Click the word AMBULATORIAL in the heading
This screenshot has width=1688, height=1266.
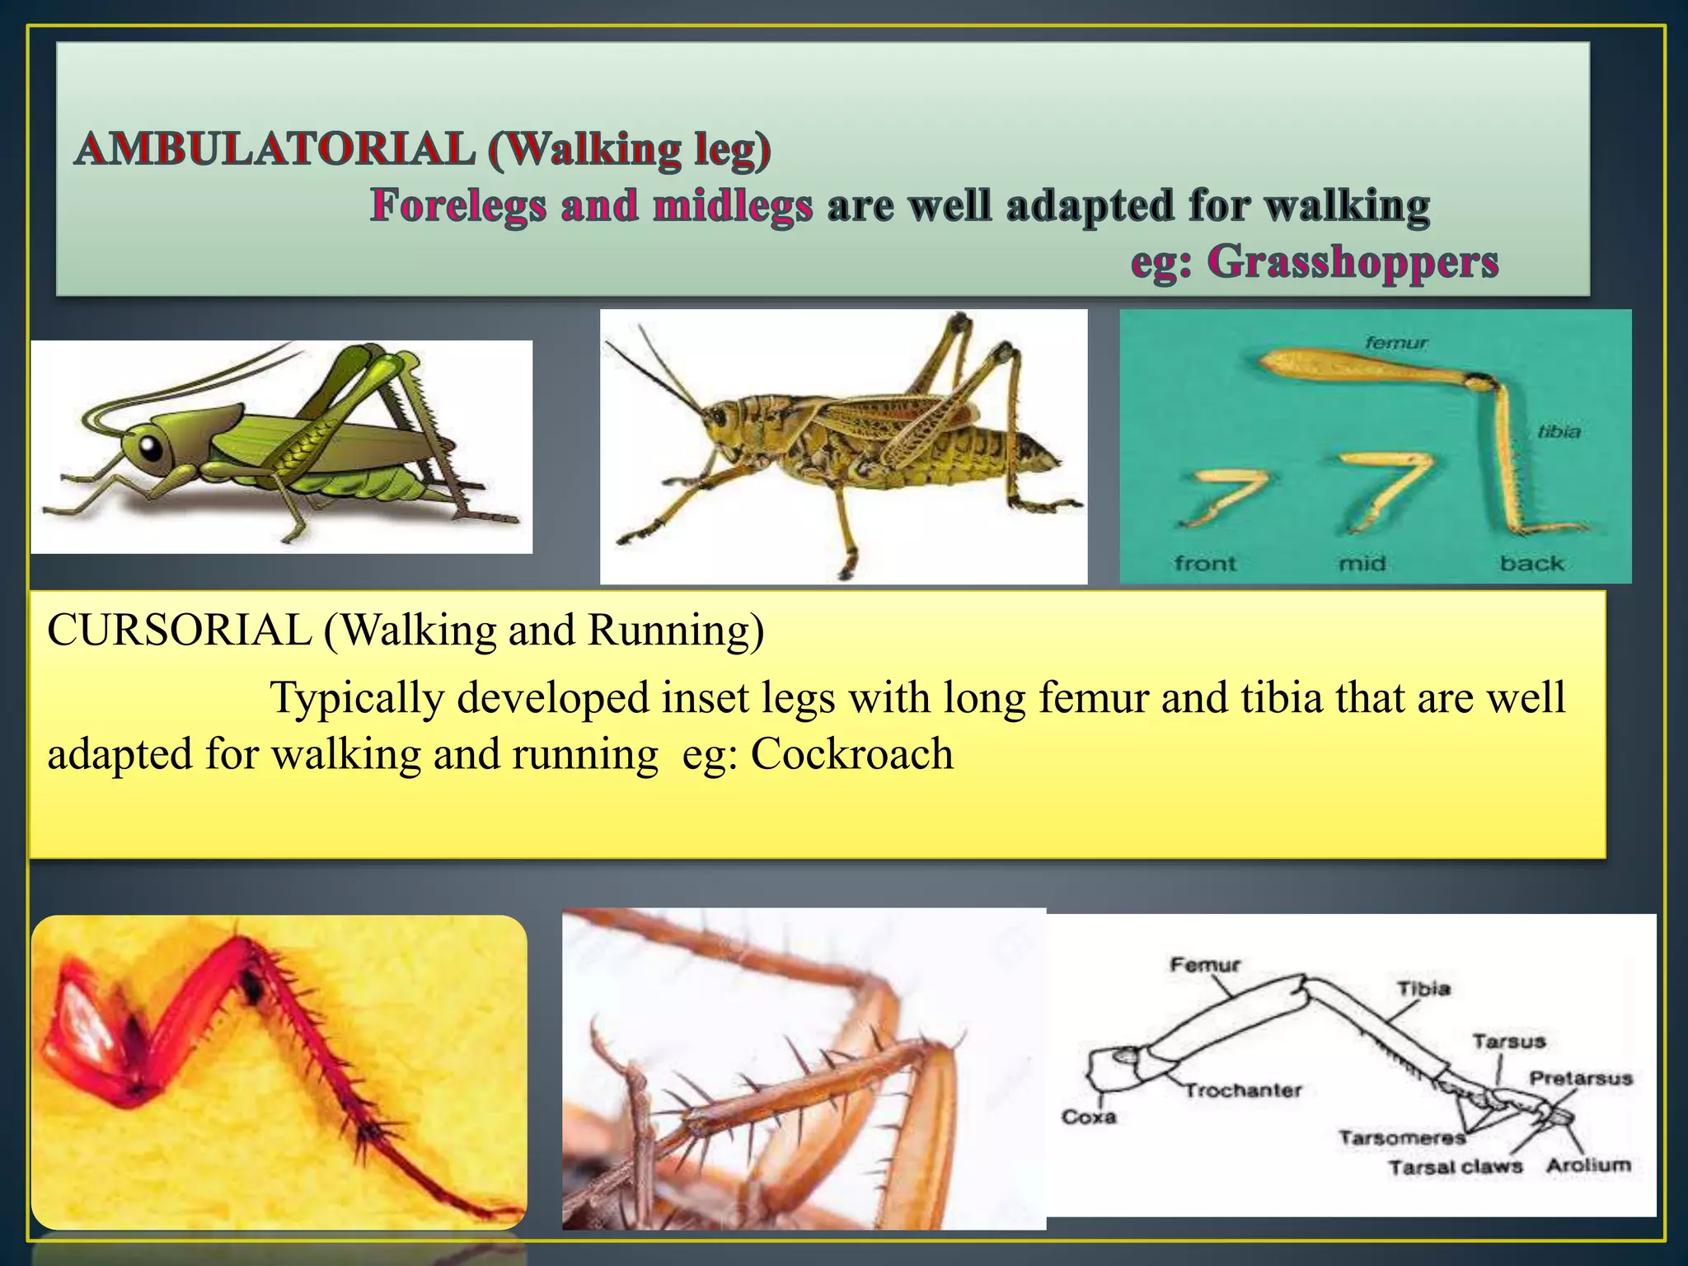(x=274, y=150)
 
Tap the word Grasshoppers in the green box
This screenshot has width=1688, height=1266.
(x=1353, y=263)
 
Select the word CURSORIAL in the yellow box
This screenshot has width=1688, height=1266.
(x=180, y=631)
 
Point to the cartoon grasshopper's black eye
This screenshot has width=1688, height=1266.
(x=151, y=448)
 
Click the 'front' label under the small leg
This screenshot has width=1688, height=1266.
(x=1205, y=564)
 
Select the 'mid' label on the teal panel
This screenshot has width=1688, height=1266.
(x=1362, y=564)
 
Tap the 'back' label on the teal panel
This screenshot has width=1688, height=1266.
(x=1531, y=564)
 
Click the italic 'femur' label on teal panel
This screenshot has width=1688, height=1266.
(x=1396, y=342)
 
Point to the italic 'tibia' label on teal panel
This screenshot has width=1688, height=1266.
(x=1559, y=432)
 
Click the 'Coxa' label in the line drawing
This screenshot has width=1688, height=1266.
(x=1088, y=1117)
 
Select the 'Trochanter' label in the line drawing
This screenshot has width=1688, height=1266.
(x=1243, y=1090)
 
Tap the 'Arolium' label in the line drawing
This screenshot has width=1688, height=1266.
(x=1588, y=1165)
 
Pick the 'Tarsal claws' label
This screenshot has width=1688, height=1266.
(x=1455, y=1167)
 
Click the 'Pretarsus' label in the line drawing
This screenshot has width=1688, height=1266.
(x=1580, y=1078)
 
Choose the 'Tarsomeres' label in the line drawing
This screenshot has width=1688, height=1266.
(x=1401, y=1138)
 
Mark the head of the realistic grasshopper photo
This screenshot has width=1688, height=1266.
(x=721, y=420)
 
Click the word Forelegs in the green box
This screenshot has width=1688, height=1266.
(x=458, y=206)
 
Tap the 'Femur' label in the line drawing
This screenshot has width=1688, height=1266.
(x=1204, y=964)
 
